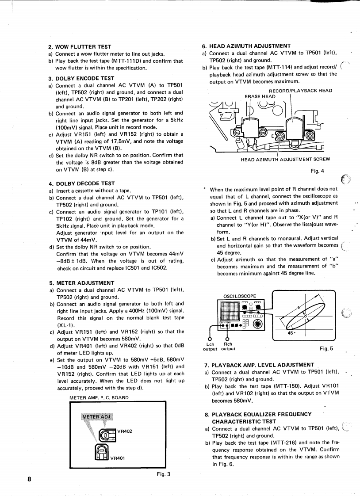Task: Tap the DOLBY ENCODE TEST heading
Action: pos(81,78)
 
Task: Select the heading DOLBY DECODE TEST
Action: pos(81,183)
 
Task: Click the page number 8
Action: pos(29,479)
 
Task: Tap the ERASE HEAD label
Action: pos(260,96)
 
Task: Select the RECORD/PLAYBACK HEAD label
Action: pos(300,91)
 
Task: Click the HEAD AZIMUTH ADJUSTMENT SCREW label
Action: pos(285,159)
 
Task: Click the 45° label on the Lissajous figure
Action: pos(290,333)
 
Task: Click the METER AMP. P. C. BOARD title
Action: pos(99,397)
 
